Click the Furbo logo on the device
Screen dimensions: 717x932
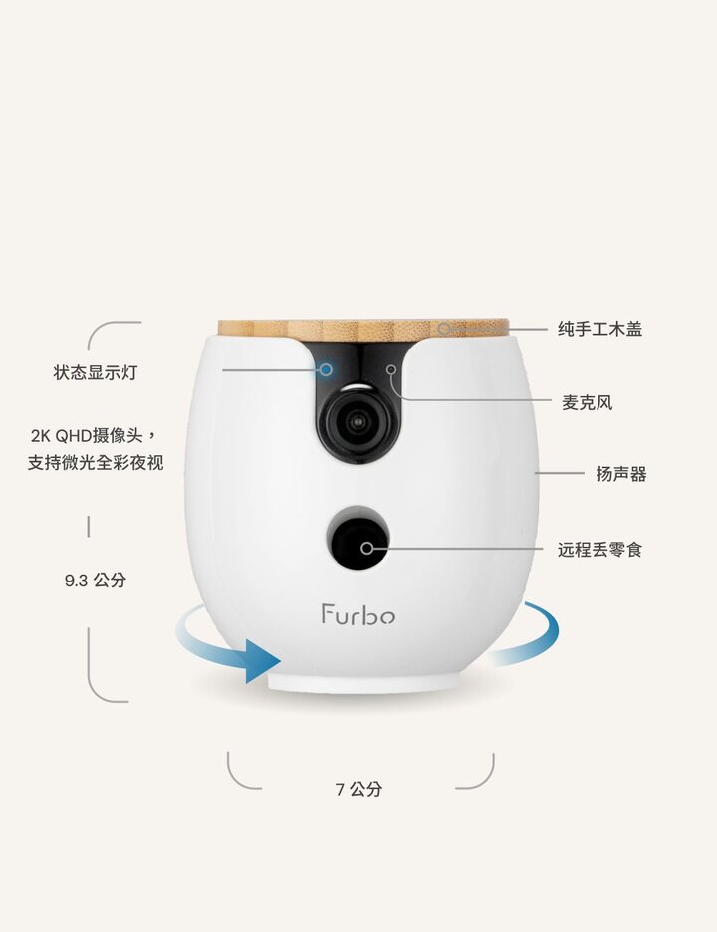[x=358, y=614]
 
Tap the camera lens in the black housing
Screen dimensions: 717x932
[x=358, y=421]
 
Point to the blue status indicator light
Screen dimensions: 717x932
[x=326, y=369]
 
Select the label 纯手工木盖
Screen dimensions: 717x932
[x=599, y=329]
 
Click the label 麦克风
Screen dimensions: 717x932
[x=587, y=403]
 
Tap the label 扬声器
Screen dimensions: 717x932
[x=621, y=474]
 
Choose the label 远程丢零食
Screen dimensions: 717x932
[x=599, y=550]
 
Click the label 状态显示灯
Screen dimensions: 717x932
[x=96, y=372]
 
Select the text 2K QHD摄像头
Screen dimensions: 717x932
[x=87, y=436]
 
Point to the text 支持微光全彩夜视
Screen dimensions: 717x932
[x=96, y=462]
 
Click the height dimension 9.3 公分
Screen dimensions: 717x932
[x=96, y=581]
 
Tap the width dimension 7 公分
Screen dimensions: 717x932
[x=358, y=789]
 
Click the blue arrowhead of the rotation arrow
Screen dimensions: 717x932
[x=263, y=661]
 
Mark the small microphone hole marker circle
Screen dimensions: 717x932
[x=391, y=369]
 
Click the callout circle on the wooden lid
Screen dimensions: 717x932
[x=444, y=329]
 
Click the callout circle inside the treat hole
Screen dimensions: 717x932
[x=366, y=548]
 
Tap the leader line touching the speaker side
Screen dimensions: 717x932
[x=560, y=473]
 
